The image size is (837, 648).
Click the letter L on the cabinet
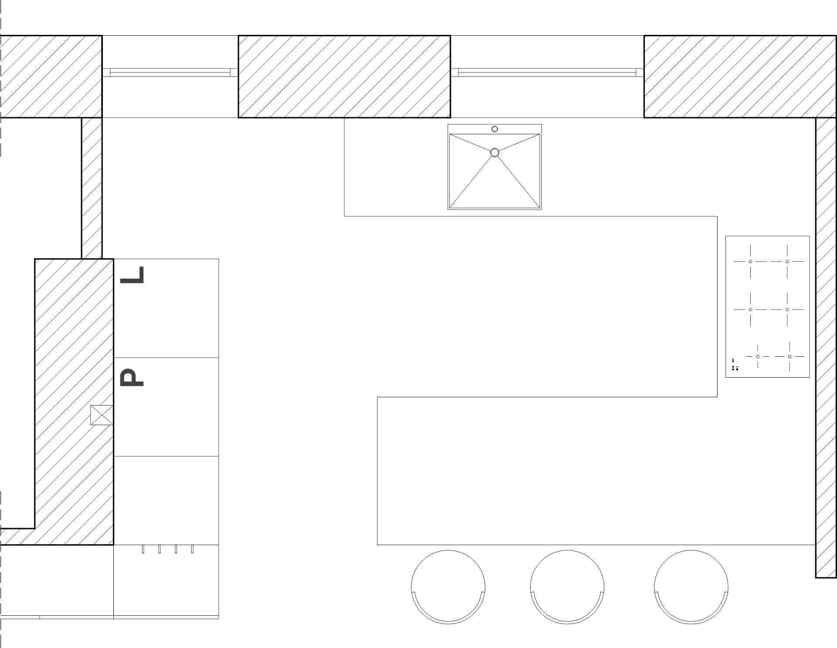coord(132,275)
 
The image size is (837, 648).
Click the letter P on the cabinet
coord(132,377)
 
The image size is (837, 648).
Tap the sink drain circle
coord(494,153)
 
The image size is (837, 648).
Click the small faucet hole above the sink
coord(494,129)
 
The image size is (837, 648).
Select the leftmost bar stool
coord(448,587)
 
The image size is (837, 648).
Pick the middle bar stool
coord(567,587)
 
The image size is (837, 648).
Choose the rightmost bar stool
coord(691,587)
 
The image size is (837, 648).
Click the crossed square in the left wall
coord(102,415)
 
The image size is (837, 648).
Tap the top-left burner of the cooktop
coord(750,262)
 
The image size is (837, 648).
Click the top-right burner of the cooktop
coord(787,262)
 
